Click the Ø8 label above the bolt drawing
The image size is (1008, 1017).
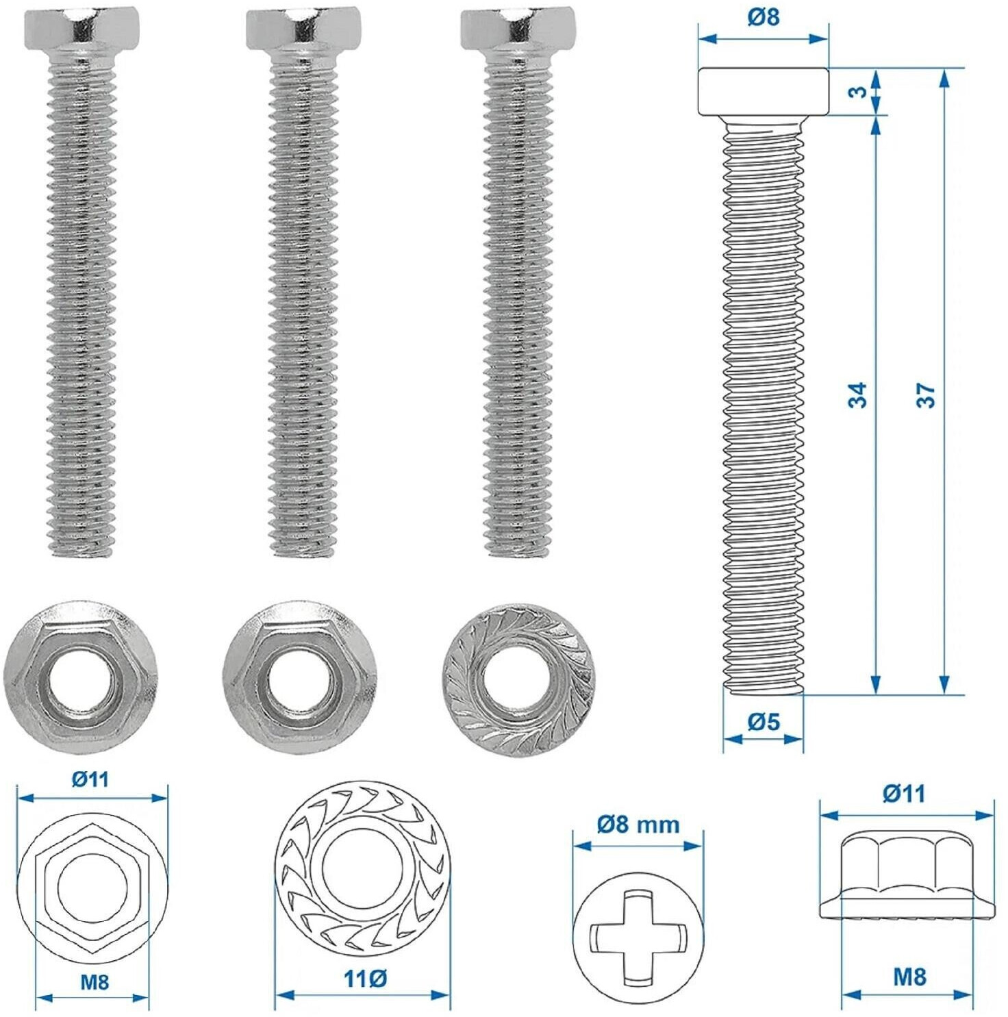[763, 16]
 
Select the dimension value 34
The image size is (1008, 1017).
[857, 396]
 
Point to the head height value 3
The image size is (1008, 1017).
[857, 91]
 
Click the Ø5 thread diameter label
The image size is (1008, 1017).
[764, 720]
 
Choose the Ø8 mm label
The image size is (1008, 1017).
[638, 823]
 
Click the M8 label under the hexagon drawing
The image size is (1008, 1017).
[94, 982]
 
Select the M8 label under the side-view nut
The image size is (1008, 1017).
[909, 976]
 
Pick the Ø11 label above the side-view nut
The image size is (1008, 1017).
[904, 793]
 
